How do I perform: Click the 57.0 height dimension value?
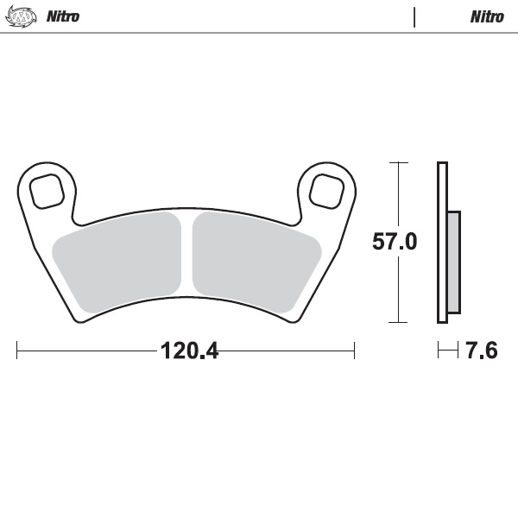[x=395, y=242]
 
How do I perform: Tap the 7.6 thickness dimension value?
[x=481, y=351]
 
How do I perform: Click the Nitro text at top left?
[x=62, y=16]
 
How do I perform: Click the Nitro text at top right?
[x=487, y=16]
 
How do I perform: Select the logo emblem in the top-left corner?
[x=22, y=16]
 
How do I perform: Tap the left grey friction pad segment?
[x=119, y=262]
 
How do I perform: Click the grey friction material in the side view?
[x=453, y=262]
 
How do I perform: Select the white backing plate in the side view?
[x=442, y=243]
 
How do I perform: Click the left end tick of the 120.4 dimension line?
[x=17, y=351]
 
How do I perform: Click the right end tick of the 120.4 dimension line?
[x=354, y=351]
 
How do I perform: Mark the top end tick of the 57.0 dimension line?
[x=397, y=162]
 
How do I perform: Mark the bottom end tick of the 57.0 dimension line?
[x=397, y=322]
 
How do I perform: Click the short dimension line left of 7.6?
[x=447, y=351]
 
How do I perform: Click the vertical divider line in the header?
[x=414, y=16]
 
